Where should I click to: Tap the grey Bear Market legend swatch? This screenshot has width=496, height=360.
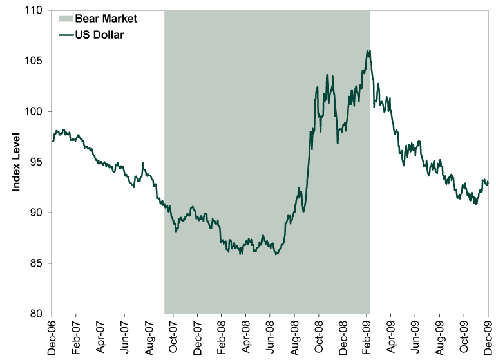click(x=66, y=19)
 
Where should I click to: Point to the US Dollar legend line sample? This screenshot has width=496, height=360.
click(x=66, y=35)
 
